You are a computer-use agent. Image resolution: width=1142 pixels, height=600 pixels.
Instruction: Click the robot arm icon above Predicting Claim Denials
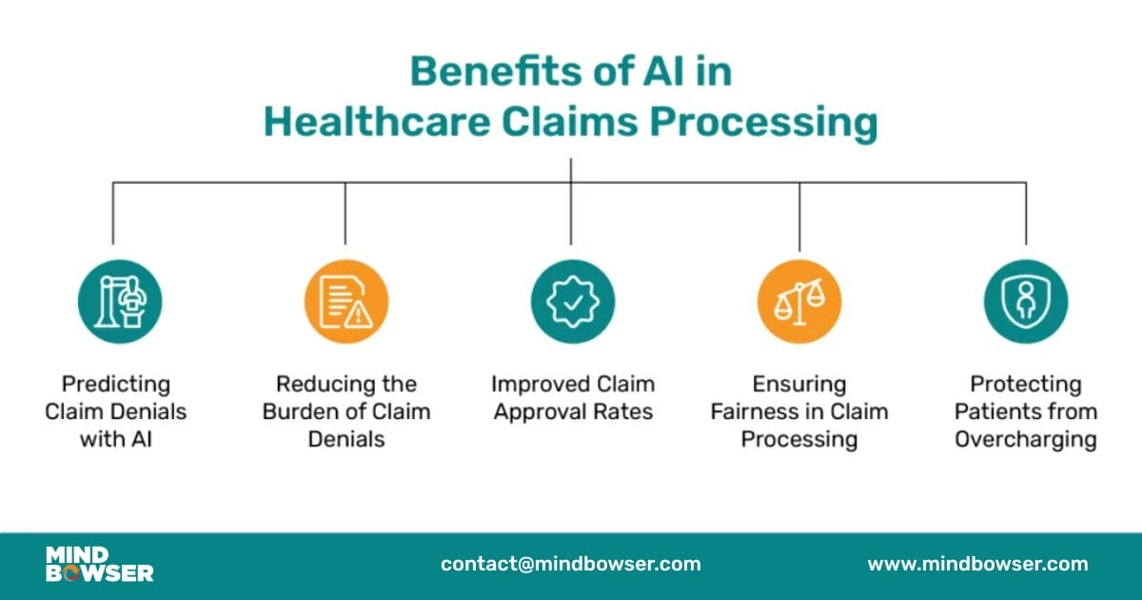120,302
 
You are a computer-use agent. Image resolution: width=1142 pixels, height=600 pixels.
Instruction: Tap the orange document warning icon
346,302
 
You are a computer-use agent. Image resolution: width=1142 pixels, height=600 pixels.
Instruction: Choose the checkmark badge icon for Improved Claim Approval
572,302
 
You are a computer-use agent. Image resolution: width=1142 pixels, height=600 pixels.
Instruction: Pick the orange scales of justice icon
799,302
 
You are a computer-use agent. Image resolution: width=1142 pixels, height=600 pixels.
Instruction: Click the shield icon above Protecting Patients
1026,302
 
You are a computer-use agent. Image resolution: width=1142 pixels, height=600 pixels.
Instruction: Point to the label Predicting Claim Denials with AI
116,411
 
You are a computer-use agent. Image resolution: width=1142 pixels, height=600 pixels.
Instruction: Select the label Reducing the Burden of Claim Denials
346,411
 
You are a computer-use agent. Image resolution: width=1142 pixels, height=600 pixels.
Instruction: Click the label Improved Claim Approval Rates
573,398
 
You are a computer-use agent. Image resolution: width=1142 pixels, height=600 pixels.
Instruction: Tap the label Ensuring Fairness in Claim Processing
799,411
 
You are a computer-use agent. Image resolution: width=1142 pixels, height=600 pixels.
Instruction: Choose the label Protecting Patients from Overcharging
1026,411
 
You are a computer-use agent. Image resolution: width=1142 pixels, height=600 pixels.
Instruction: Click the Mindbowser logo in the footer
99,564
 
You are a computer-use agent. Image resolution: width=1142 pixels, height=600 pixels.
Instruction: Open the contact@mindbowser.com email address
570,564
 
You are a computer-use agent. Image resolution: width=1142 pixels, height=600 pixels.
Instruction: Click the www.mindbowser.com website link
977,564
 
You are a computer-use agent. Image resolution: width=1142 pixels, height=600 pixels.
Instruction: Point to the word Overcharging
1026,440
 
